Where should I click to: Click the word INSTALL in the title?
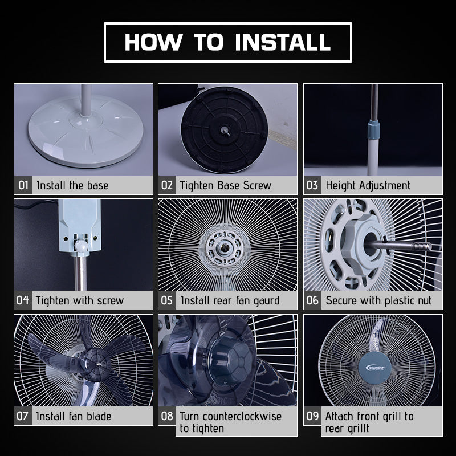tap(283, 42)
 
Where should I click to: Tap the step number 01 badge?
tap(23, 185)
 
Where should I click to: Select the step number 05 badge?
tap(167, 300)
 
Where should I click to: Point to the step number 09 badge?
tap(312, 416)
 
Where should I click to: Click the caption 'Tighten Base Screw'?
tap(225, 185)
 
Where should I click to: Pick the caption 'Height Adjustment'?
tap(368, 185)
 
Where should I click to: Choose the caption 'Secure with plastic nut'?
tap(378, 300)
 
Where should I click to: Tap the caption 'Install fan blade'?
tap(74, 416)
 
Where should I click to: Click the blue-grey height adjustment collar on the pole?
tap(373, 129)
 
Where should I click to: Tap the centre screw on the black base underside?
tap(225, 130)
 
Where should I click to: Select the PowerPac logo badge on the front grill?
tap(375, 368)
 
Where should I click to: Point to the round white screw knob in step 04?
tap(82, 246)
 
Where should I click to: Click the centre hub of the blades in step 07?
tap(96, 364)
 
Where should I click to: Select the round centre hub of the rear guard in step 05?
tap(224, 248)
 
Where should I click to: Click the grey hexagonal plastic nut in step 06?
tap(361, 244)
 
